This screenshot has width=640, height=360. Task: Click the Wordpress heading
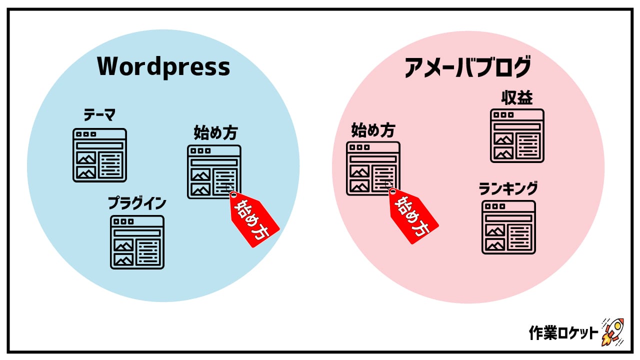[x=163, y=66]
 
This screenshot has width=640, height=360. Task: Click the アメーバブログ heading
[x=467, y=67]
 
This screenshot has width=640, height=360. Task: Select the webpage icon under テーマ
[x=99, y=155]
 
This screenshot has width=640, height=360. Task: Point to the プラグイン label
[x=137, y=203]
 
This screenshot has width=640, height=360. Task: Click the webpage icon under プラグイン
[x=137, y=242]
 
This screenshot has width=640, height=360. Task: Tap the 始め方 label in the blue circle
[x=215, y=133]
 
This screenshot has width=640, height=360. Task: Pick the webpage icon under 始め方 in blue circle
[x=214, y=172]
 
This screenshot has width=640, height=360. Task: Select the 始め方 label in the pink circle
[x=373, y=130]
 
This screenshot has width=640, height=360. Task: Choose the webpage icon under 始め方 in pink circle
[x=373, y=168]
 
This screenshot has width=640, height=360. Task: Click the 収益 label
[x=517, y=98]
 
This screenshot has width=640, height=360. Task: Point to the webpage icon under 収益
[x=517, y=135]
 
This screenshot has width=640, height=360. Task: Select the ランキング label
[x=508, y=189]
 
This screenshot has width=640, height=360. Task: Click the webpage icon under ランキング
[x=508, y=227]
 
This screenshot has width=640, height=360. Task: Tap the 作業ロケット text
[x=563, y=333]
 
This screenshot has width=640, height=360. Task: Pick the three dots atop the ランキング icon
[x=495, y=206]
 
